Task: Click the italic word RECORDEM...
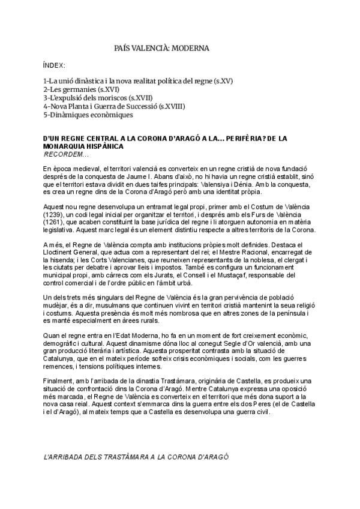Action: pos(64,154)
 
